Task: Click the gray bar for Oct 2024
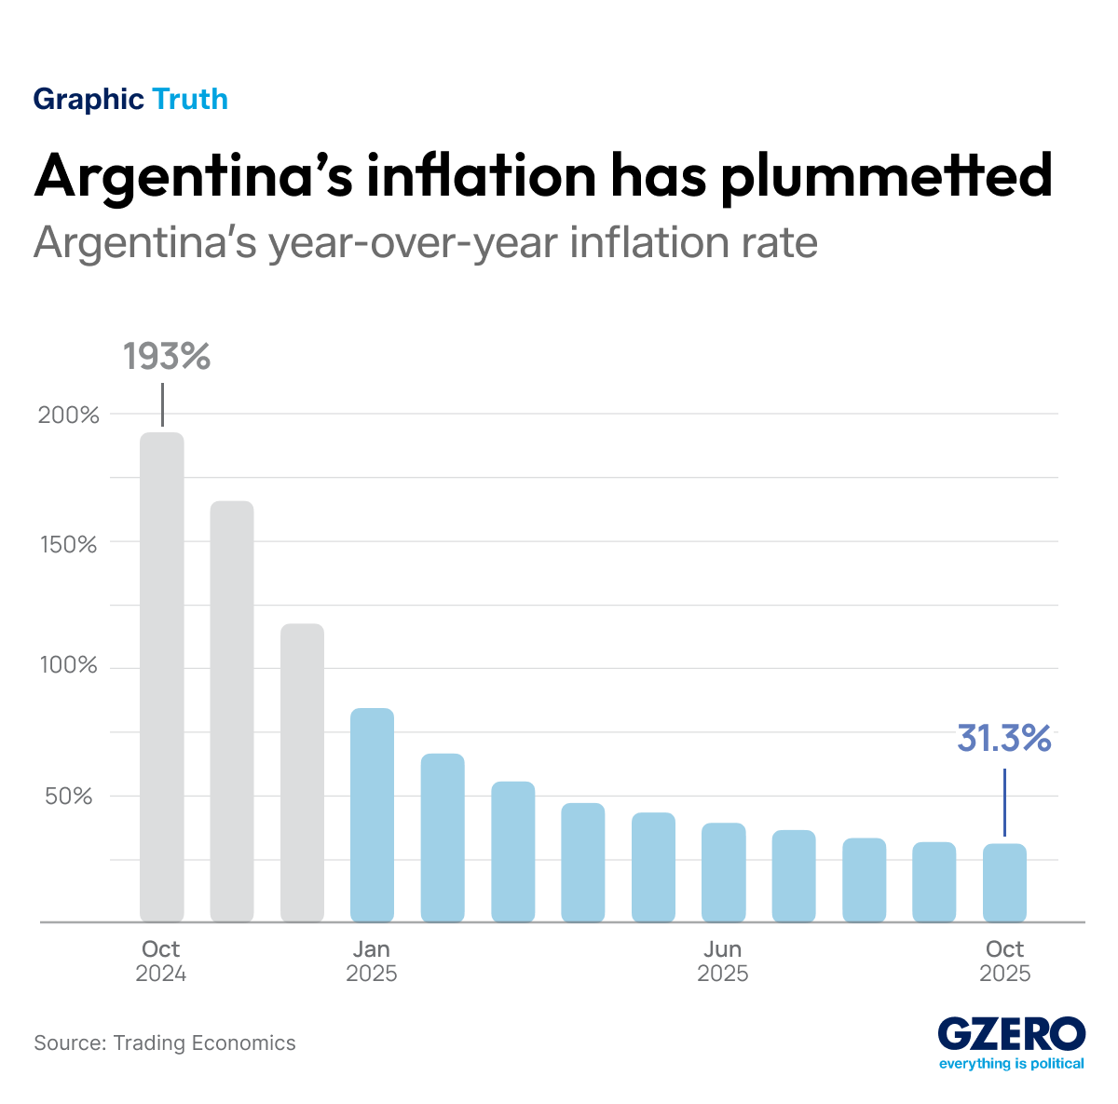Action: pyautogui.click(x=162, y=677)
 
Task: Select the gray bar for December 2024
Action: pyautogui.click(x=303, y=773)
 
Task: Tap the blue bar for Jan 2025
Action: pyautogui.click(x=373, y=815)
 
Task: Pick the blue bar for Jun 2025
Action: pyautogui.click(x=723, y=873)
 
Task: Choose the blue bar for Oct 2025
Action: pyautogui.click(x=1004, y=883)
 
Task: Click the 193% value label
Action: pyautogui.click(x=167, y=357)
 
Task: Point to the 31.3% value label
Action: pyautogui.click(x=1004, y=739)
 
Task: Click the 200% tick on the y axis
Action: pyautogui.click(x=69, y=416)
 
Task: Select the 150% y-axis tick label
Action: pyautogui.click(x=69, y=543)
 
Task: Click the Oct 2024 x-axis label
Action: pyautogui.click(x=161, y=961)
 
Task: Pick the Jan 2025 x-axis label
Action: pyautogui.click(x=372, y=961)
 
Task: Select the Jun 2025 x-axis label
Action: pyautogui.click(x=723, y=961)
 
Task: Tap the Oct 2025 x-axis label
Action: pyautogui.click(x=1004, y=961)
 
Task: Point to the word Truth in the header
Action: pyautogui.click(x=190, y=99)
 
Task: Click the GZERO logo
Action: pyautogui.click(x=1011, y=1035)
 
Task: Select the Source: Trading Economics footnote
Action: pyautogui.click(x=165, y=1043)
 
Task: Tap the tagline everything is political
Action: pyautogui.click(x=1011, y=1064)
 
